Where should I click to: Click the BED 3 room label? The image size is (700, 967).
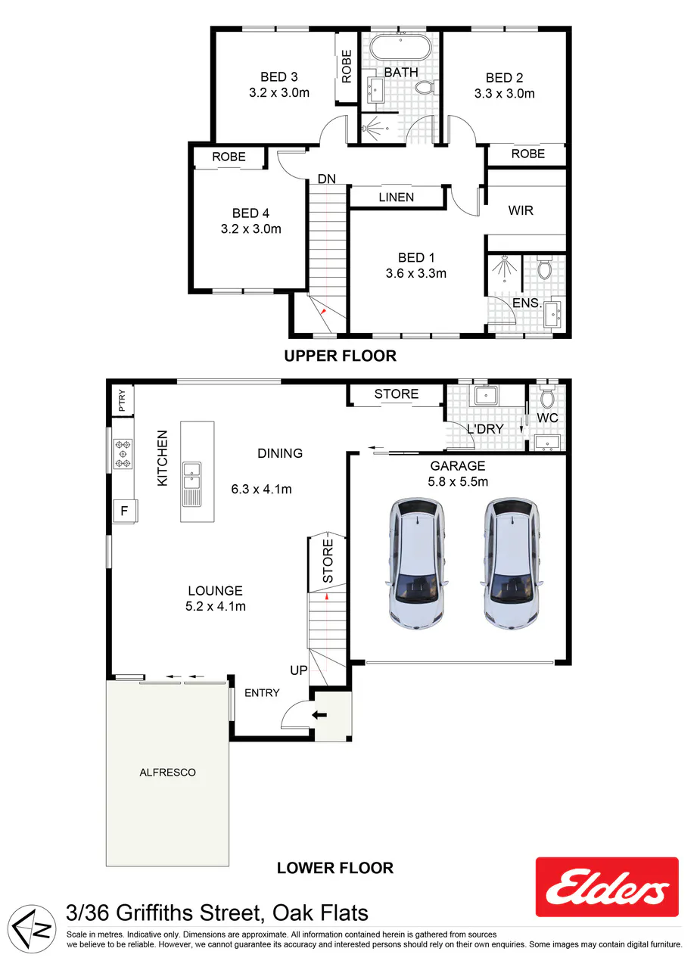pyautogui.click(x=279, y=77)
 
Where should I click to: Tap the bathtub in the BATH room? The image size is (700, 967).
pyautogui.click(x=400, y=48)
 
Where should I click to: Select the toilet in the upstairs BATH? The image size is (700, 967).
pyautogui.click(x=427, y=87)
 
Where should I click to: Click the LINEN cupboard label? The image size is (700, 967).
pyautogui.click(x=396, y=197)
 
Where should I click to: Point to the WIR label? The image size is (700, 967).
pyautogui.click(x=521, y=210)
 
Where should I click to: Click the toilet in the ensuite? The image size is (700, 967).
pyautogui.click(x=545, y=267)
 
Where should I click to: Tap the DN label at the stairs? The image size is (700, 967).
pyautogui.click(x=326, y=179)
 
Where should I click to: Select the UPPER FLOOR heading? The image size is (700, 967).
pyautogui.click(x=341, y=356)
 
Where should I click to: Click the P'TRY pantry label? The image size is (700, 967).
pyautogui.click(x=122, y=400)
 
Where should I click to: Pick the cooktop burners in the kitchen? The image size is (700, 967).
pyautogui.click(x=123, y=454)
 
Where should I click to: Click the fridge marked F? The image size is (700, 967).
pyautogui.click(x=125, y=511)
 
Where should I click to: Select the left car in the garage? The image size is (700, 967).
pyautogui.click(x=417, y=563)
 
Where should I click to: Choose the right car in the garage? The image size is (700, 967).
pyautogui.click(x=512, y=563)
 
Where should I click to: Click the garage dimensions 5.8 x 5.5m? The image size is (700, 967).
pyautogui.click(x=458, y=481)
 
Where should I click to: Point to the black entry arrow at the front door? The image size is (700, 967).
pyautogui.click(x=319, y=715)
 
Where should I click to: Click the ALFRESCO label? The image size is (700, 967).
pyautogui.click(x=167, y=773)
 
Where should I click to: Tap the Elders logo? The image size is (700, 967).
pyautogui.click(x=607, y=887)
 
